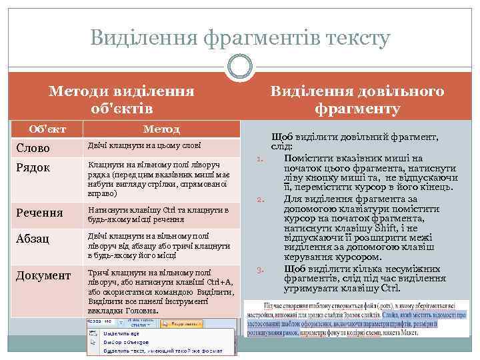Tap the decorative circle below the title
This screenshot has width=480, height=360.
pos(240,68)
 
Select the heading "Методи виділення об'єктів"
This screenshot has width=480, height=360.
pos(121,99)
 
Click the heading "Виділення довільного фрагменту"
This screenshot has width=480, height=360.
pos(358,99)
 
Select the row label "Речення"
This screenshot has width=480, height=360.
pos(40,213)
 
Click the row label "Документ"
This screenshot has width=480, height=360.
pos(44,275)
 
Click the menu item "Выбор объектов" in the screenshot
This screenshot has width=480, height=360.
pos(118,341)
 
